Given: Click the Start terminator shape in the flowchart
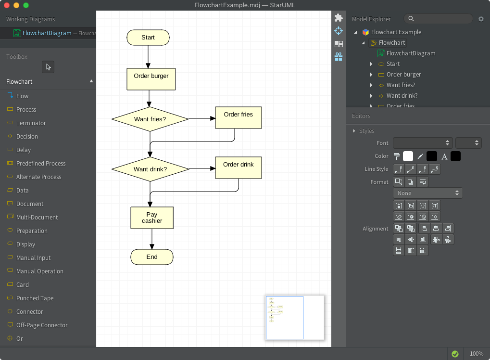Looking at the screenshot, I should [148, 38].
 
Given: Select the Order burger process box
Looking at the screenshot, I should [151, 79].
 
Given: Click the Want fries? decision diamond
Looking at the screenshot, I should [150, 119].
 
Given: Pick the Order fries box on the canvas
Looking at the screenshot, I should [238, 117].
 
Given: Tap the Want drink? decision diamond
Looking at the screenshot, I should [150, 169].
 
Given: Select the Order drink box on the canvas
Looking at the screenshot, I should [238, 167].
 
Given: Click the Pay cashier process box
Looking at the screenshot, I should [152, 218].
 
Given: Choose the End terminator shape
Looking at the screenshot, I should [152, 257].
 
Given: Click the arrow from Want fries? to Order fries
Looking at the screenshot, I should [202, 118].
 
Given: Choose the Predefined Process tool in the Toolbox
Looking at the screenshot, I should [41, 164].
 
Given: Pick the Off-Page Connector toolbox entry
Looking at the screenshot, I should [42, 325].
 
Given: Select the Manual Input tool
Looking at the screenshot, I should [33, 258].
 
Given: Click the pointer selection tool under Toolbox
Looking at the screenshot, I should [48, 67].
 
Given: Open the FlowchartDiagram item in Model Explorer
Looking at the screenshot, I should [411, 53].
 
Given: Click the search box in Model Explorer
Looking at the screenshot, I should [439, 19].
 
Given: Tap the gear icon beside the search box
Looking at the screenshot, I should [481, 19].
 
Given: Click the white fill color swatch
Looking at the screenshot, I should [408, 156].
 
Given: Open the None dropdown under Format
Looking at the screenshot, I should [428, 193].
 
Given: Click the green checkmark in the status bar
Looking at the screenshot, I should [455, 354].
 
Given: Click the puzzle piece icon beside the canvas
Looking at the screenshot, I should [339, 18].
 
